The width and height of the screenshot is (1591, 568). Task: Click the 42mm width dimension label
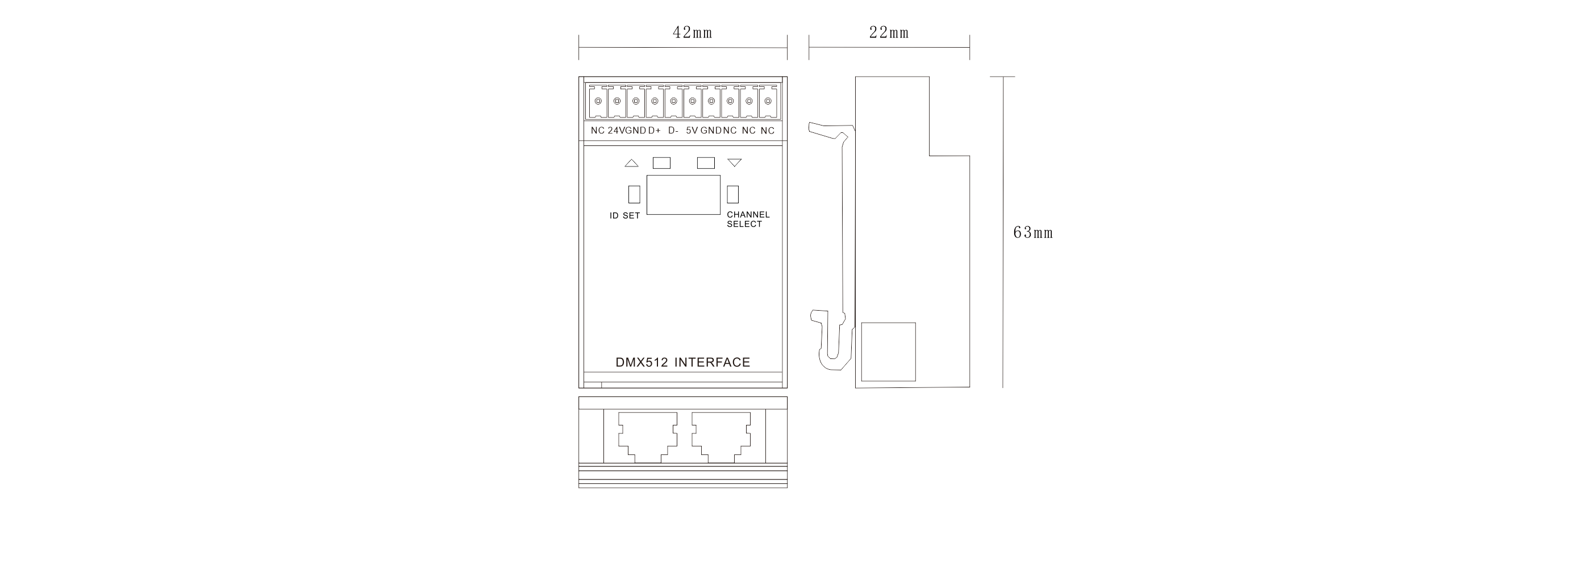[692, 33]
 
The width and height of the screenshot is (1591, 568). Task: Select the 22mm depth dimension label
[889, 33]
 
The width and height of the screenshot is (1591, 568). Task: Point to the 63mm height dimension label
[1032, 233]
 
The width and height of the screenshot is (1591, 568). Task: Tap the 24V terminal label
[617, 130]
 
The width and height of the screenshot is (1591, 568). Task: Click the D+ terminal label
[654, 130]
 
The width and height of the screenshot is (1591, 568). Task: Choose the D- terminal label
[673, 130]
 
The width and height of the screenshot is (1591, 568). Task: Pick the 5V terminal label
[692, 130]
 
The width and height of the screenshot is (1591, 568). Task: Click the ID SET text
[624, 215]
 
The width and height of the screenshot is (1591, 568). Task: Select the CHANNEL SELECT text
[748, 219]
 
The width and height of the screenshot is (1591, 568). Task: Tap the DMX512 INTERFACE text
[682, 362]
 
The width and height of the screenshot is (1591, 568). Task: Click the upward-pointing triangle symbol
[631, 163]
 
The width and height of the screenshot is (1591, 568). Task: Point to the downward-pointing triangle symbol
[734, 163]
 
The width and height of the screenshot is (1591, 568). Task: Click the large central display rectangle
[683, 194]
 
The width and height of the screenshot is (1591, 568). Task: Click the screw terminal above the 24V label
[617, 101]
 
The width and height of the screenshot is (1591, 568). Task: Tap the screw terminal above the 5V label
[692, 101]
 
